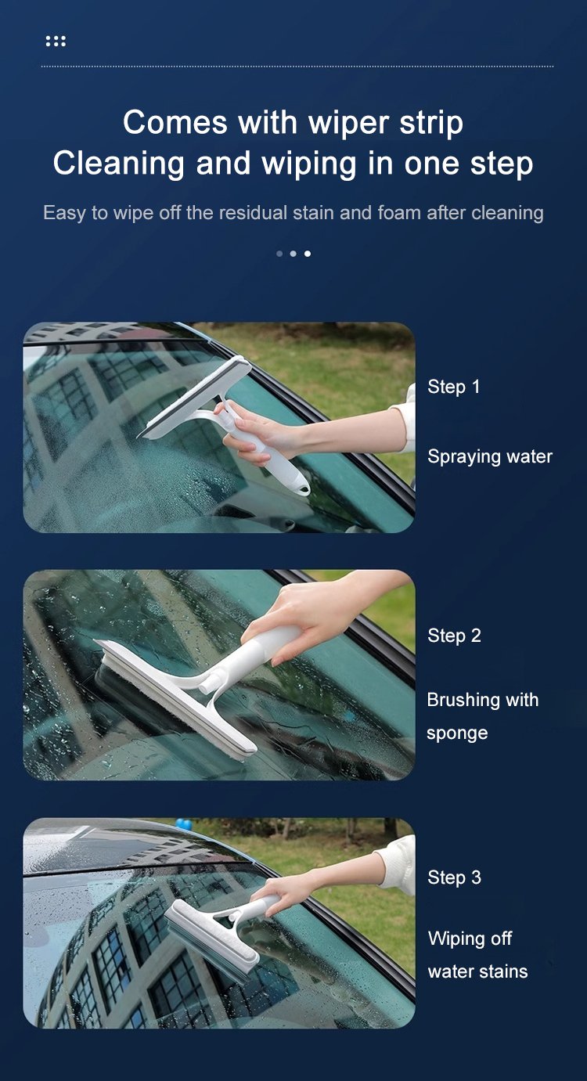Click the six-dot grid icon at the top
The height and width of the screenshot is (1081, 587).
pos(56,41)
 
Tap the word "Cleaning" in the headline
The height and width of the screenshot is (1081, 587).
pos(119,163)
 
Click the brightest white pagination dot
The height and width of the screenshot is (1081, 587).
pos(308,254)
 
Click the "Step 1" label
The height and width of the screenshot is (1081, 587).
pos(454,387)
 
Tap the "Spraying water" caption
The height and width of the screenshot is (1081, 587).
pos(490,457)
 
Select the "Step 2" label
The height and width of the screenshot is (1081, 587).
pos(454,636)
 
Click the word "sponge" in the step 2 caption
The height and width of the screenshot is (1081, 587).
pos(457,733)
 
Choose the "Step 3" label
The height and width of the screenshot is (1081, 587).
pos(454,877)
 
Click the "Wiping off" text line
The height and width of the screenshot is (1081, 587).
pos(470,939)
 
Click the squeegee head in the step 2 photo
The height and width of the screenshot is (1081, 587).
pos(174,700)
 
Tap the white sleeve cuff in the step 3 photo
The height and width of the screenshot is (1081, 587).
pos(398,864)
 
